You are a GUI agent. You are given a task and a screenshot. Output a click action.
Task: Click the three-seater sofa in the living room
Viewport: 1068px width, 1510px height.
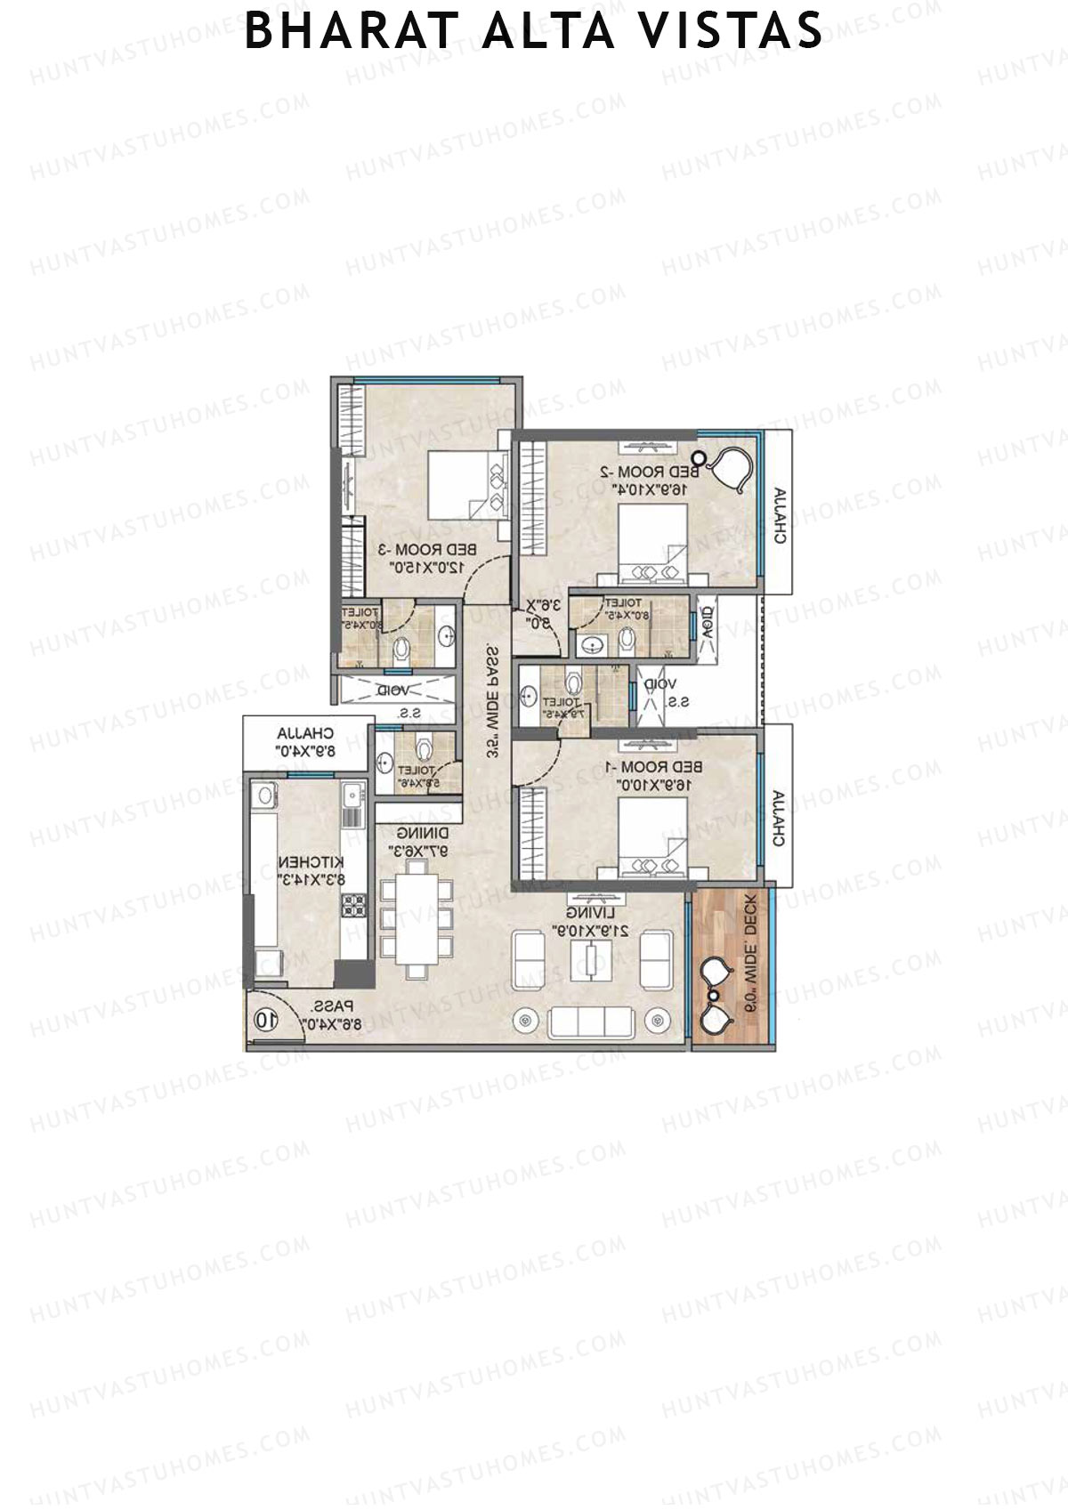coord(590,1021)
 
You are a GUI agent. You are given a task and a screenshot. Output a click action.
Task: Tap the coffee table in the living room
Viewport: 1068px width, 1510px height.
coord(590,963)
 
